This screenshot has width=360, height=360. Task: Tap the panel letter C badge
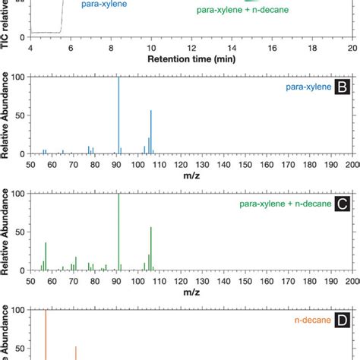343,205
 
